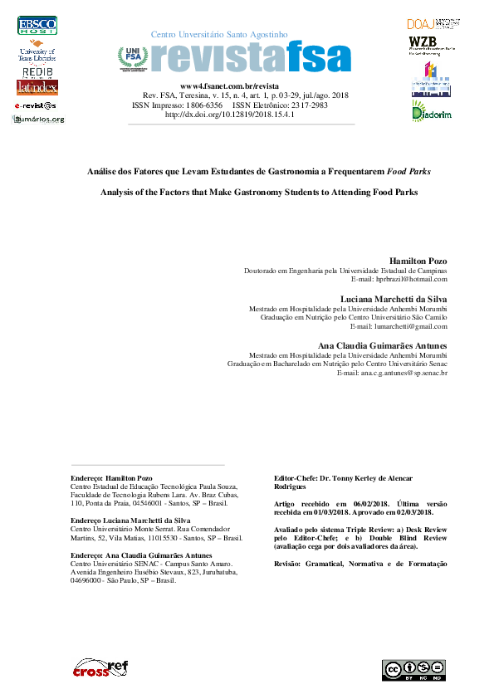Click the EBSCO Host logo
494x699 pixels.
(37, 26)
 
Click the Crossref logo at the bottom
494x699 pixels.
(100, 667)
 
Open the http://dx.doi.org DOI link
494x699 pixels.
(231, 115)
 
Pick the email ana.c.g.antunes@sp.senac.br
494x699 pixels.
(393, 373)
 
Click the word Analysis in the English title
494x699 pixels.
(119, 192)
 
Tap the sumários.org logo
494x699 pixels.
(38, 120)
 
